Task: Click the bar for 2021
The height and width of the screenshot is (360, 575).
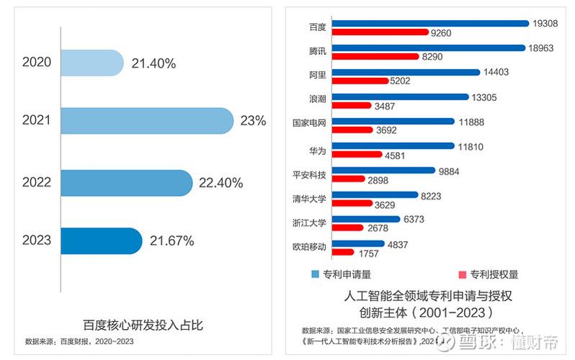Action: (x=147, y=121)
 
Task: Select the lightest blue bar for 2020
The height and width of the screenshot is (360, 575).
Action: (x=92, y=63)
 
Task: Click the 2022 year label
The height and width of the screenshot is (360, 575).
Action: (x=37, y=182)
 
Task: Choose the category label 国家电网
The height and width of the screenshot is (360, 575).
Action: (x=310, y=123)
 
